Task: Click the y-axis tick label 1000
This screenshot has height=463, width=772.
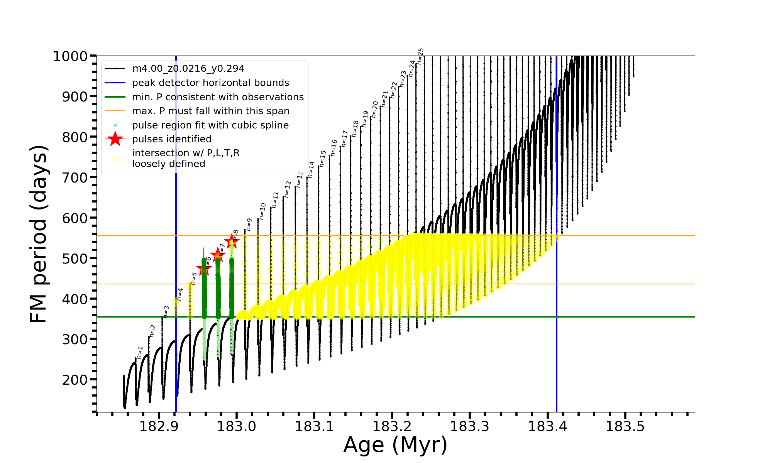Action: [x=70, y=56]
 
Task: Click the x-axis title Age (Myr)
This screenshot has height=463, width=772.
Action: [x=395, y=445]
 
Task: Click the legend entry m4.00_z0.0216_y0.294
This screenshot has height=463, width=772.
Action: [x=188, y=69]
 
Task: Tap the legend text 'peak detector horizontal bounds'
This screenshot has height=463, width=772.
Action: [x=210, y=83]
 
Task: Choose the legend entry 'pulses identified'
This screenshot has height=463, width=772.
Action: [x=172, y=139]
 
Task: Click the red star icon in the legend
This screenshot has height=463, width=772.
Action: [x=115, y=139]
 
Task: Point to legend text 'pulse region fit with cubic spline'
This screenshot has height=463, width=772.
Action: [x=210, y=125]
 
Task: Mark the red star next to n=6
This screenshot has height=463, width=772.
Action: [x=203, y=269]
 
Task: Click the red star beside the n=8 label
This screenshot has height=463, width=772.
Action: [x=232, y=242]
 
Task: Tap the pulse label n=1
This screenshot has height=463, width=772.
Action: [x=140, y=352]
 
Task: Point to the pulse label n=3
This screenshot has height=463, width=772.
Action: [x=166, y=312]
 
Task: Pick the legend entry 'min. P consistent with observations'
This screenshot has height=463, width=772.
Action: [x=218, y=97]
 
